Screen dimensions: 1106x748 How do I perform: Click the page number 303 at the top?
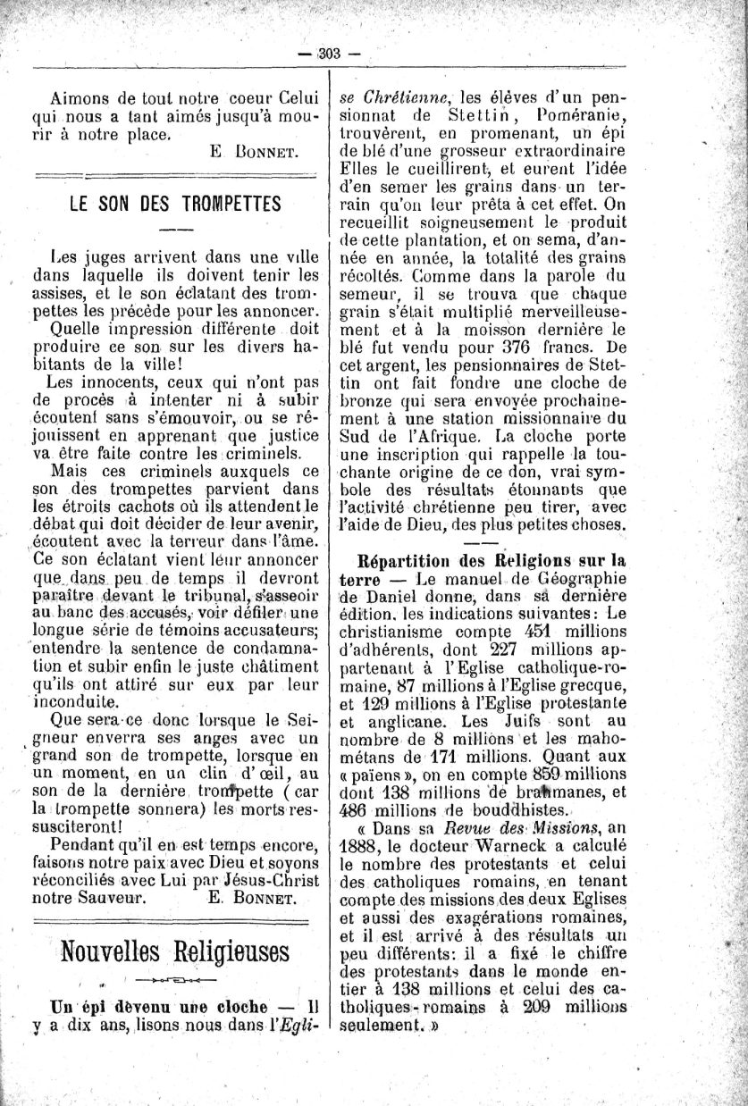(x=330, y=53)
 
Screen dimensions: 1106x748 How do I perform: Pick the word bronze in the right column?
(x=364, y=400)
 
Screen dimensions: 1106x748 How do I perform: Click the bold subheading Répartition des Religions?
(x=491, y=560)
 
